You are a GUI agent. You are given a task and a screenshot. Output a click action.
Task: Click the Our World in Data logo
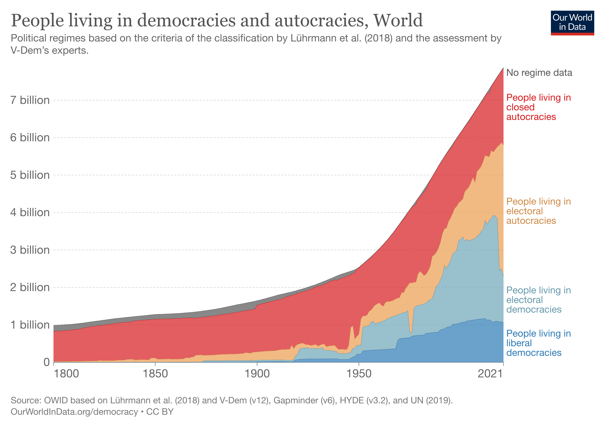click(572, 23)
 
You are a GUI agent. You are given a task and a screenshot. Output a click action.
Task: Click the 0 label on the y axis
click(47, 362)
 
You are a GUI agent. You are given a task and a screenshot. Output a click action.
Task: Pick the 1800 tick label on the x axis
click(66, 374)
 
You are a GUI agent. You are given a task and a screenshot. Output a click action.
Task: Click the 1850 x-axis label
click(155, 374)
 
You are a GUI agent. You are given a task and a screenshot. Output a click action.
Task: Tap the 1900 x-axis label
click(257, 374)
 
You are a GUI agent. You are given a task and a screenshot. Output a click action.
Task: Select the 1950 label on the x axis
click(359, 374)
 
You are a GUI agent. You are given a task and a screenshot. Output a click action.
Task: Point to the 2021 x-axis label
click(490, 374)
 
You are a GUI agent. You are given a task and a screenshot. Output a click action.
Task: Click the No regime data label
click(539, 73)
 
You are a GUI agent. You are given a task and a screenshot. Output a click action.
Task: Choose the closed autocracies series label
click(538, 107)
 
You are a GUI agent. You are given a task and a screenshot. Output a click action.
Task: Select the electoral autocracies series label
click(538, 211)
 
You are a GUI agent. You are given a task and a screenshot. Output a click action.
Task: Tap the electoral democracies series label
click(538, 300)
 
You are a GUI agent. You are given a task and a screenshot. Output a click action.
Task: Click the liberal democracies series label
click(538, 343)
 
